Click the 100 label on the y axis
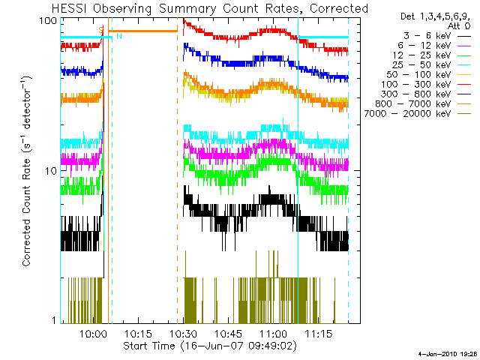coord(49,20)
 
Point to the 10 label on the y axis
coord(52,171)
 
